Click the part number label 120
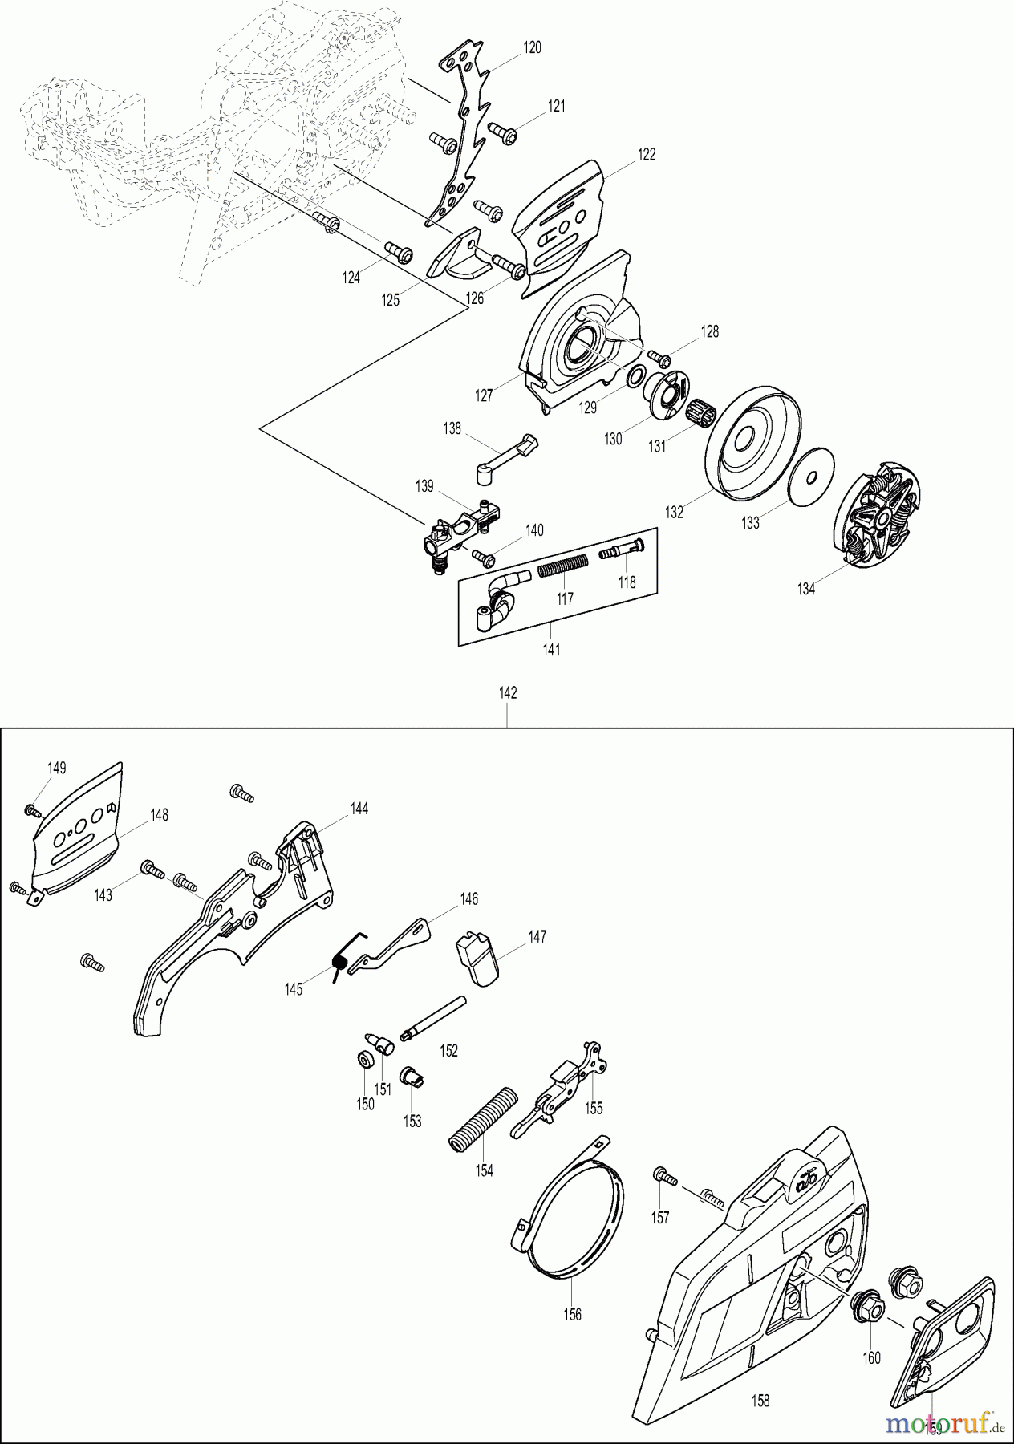pos(532,47)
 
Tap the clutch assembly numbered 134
pos(880,520)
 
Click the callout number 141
pos(551,650)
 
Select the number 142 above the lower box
pos(508,693)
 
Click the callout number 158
pos(760,1401)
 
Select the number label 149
pos(55,768)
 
